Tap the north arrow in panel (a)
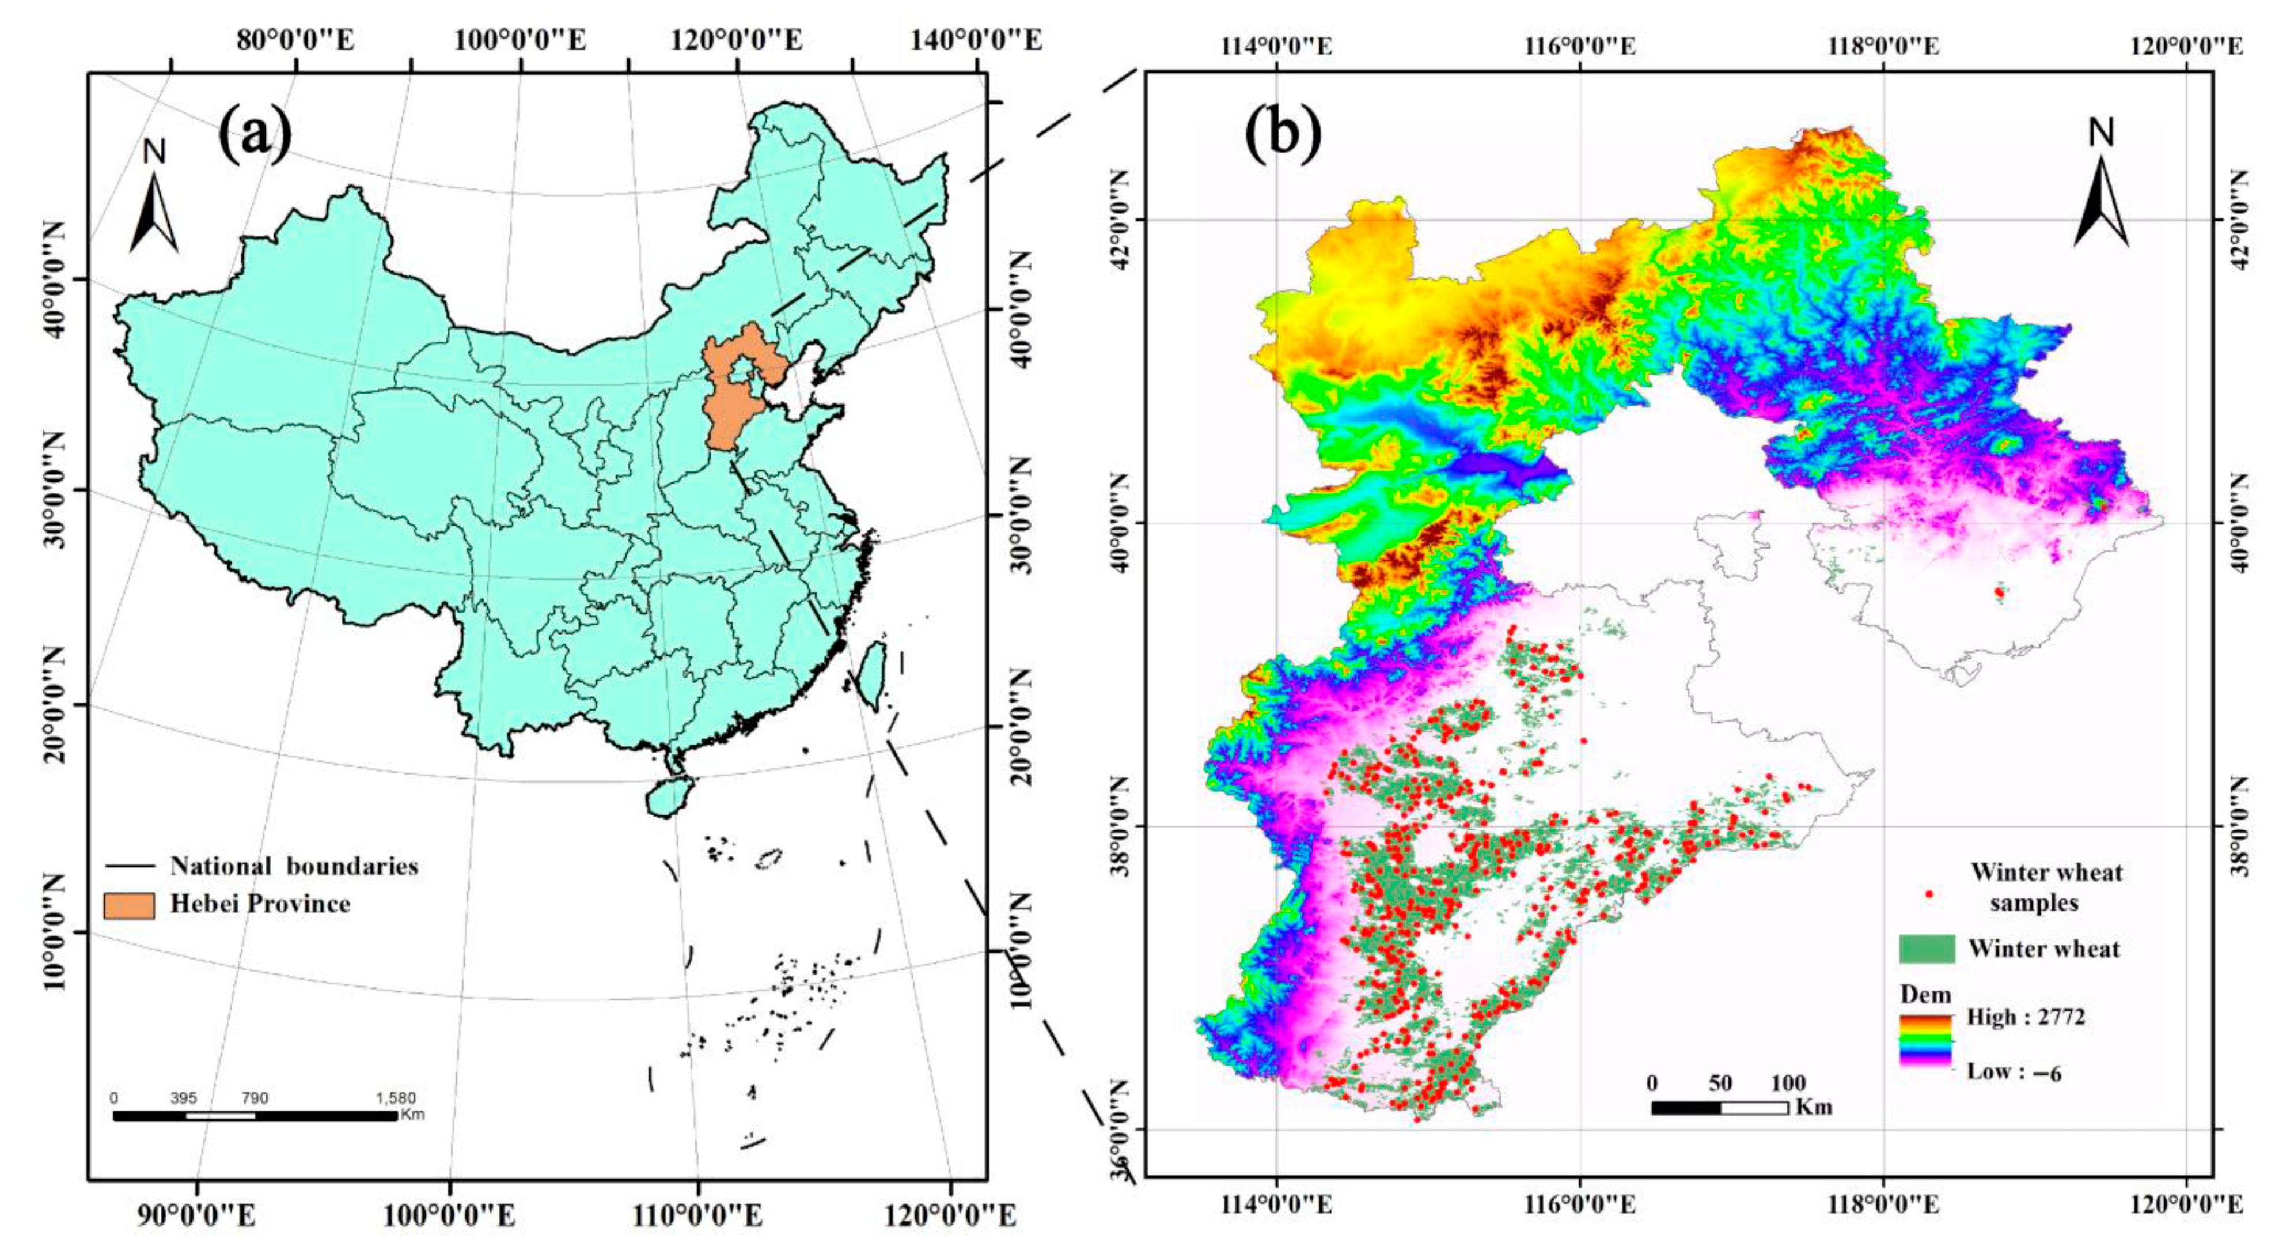pos(154,210)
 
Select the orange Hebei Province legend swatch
pos(129,905)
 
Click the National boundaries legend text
pos(294,866)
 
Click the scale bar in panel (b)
pos(1720,1108)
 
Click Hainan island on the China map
pos(669,797)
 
